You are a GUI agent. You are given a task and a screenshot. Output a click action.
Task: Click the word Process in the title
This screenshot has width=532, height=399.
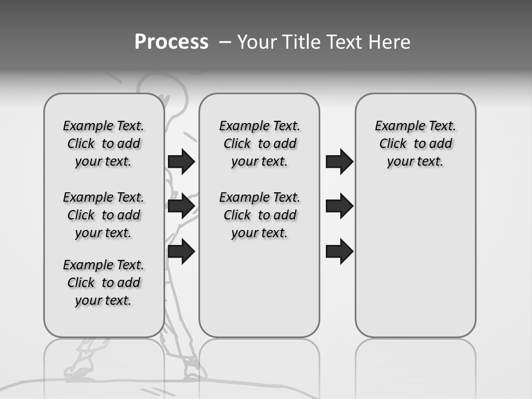pos(171,42)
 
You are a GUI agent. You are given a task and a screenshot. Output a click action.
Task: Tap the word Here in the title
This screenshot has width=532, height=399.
pos(390,42)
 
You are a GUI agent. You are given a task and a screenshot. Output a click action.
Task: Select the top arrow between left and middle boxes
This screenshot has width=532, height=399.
pos(181,161)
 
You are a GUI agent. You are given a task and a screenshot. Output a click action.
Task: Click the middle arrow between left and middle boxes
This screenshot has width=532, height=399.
pos(181,206)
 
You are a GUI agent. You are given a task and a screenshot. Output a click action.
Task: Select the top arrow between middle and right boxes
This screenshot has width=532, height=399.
pos(339,161)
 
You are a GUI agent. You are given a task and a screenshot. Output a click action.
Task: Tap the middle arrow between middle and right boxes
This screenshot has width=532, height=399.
pos(339,206)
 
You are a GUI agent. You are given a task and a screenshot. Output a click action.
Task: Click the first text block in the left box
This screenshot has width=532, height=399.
pos(104,144)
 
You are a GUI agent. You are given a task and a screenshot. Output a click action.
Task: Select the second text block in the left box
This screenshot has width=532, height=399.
pos(104,215)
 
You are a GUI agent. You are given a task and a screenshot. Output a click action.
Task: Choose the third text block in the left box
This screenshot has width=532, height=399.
pos(104,283)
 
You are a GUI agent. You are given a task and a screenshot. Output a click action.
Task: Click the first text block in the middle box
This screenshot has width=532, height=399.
pos(259,144)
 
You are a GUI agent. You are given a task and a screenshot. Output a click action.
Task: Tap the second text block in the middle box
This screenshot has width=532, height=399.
pos(259,215)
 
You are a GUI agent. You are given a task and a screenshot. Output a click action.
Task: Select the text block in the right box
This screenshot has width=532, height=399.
pos(416,144)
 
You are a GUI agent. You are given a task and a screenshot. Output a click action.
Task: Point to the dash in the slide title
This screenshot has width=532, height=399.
pos(225,42)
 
